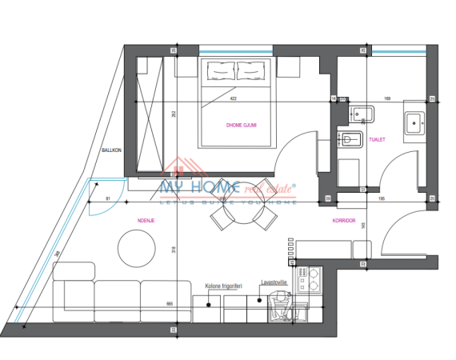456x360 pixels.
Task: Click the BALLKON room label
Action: point(110,150)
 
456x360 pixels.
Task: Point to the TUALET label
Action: point(378,139)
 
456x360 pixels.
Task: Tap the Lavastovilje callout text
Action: point(274,282)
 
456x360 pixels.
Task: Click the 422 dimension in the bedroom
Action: point(233,99)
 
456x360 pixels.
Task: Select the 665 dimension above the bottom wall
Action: point(170,304)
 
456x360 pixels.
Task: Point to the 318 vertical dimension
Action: point(174,250)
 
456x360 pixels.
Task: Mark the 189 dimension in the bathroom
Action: point(387,99)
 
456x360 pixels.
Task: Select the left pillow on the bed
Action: point(222,73)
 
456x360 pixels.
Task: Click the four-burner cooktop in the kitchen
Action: point(308,280)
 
